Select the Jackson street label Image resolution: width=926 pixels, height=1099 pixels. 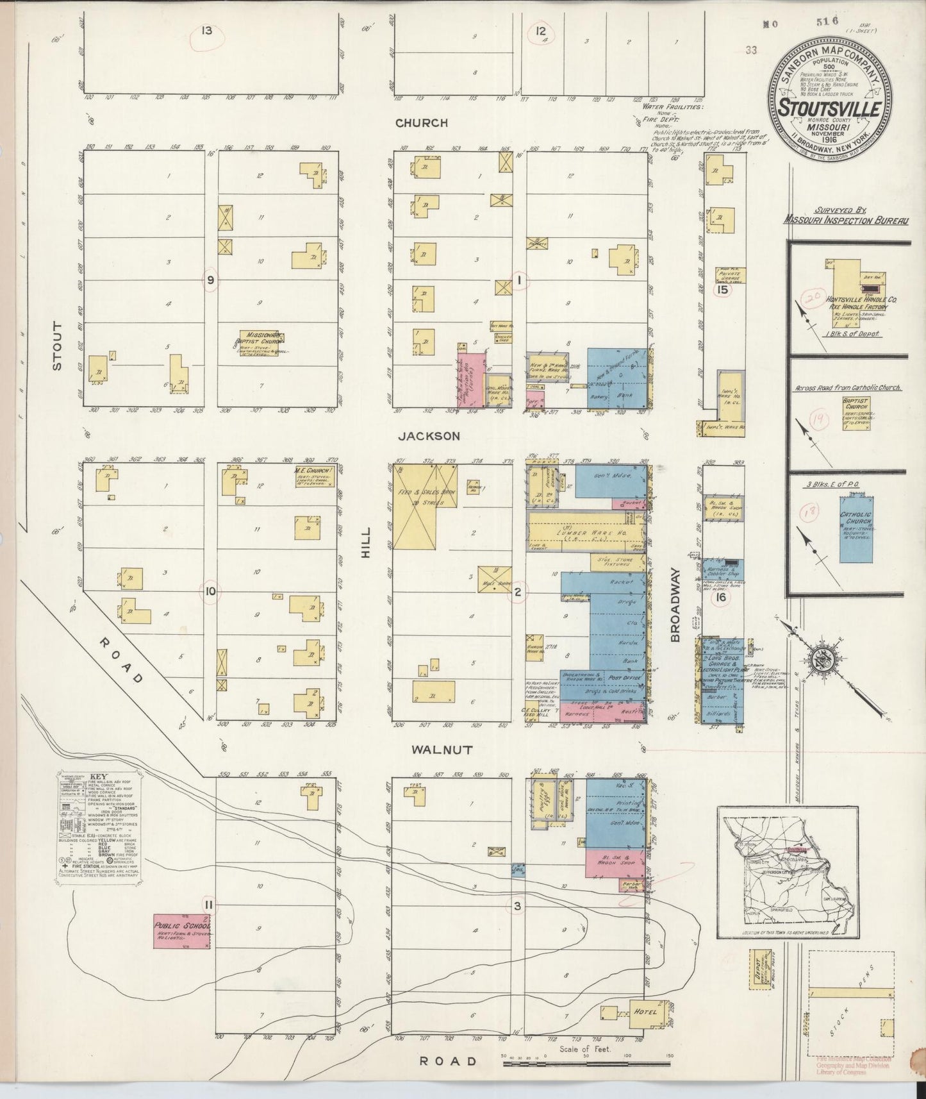click(x=429, y=436)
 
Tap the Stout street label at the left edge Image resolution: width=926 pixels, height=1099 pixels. click(x=58, y=346)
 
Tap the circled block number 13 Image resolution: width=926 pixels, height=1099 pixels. click(x=206, y=30)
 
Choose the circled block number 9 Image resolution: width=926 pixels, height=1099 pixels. click(x=210, y=280)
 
